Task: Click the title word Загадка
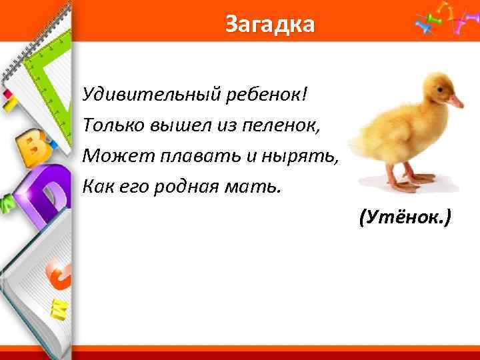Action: (x=269, y=24)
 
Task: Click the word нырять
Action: (x=306, y=155)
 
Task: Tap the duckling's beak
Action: (x=455, y=102)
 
